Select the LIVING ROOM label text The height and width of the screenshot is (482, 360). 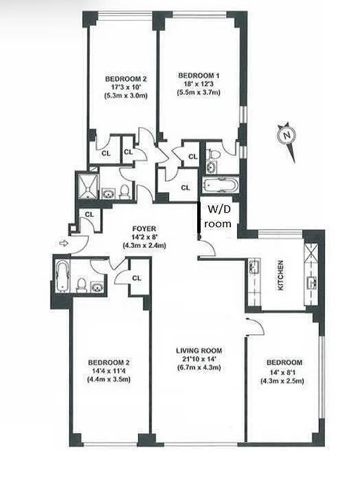point(199,351)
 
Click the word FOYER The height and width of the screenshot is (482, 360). point(145,228)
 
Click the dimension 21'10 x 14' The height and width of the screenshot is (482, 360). point(199,359)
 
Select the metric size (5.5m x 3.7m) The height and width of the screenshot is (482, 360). point(198,93)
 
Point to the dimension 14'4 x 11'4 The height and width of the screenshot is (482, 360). point(109,371)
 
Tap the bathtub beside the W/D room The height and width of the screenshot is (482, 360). point(218,186)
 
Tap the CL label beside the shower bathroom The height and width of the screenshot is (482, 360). point(88,214)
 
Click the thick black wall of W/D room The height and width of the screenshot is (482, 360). point(200,218)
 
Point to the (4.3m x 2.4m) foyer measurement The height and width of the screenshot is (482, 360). point(145,245)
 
